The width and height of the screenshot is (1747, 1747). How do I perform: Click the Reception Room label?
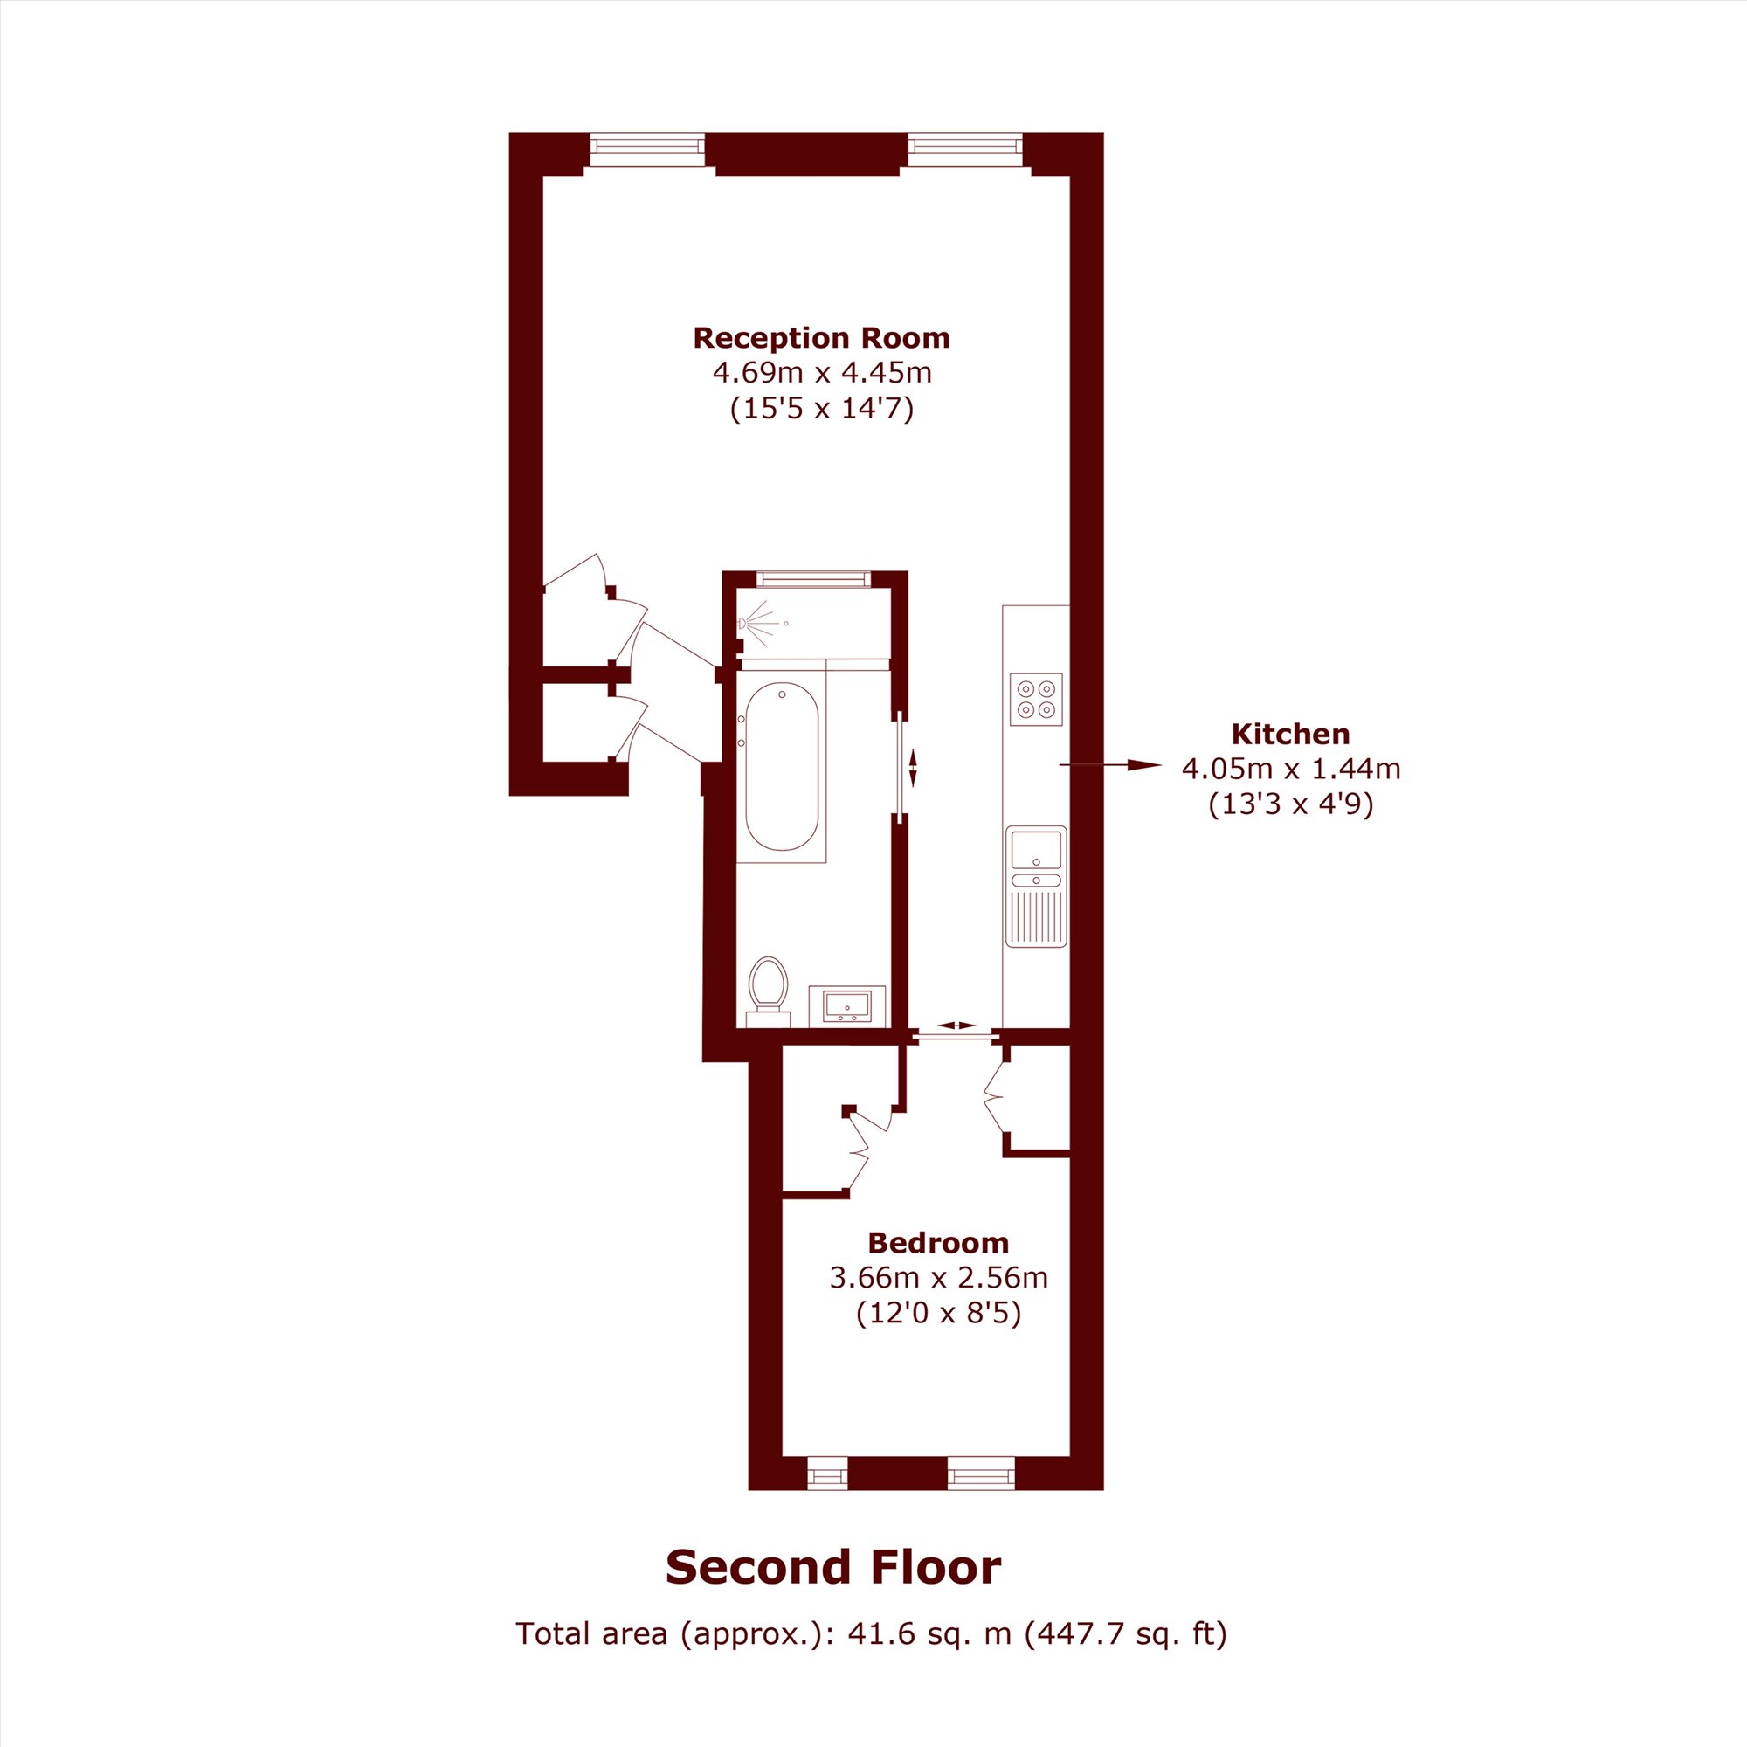pyautogui.click(x=821, y=338)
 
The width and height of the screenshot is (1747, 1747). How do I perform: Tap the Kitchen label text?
pyautogui.click(x=1290, y=734)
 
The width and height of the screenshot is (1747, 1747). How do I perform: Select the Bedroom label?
pyautogui.click(x=937, y=1242)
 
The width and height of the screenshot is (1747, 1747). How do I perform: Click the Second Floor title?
pyautogui.click(x=832, y=1567)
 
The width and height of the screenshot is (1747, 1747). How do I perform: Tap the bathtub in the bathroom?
pyautogui.click(x=782, y=766)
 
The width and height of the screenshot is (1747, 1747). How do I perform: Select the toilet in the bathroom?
pyautogui.click(x=769, y=992)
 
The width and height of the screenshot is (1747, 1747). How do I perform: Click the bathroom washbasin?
pyautogui.click(x=846, y=1005)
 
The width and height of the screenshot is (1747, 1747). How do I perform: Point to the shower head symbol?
pyautogui.click(x=757, y=623)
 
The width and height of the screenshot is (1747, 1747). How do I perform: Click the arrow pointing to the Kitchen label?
pyautogui.click(x=1110, y=766)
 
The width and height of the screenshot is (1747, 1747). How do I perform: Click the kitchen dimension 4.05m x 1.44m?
pyautogui.click(x=1290, y=769)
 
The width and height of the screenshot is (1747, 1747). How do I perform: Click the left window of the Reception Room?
pyautogui.click(x=646, y=149)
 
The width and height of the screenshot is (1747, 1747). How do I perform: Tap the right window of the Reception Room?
pyautogui.click(x=966, y=149)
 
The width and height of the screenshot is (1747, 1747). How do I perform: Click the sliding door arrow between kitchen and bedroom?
pyautogui.click(x=956, y=1025)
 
